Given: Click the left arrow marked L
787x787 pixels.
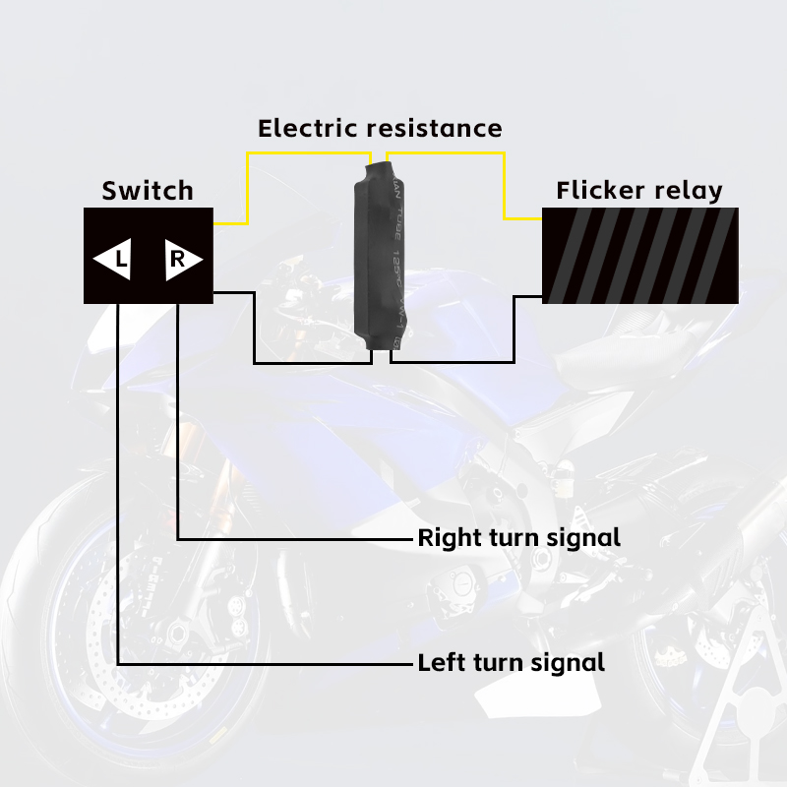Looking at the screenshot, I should [112, 260].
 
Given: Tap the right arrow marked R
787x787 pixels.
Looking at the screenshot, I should [183, 260].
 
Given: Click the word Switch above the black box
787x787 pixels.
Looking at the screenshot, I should [148, 191].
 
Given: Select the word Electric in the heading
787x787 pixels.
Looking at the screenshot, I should [308, 128].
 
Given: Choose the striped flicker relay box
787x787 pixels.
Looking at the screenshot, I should [640, 255].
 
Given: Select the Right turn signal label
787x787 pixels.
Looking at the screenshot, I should [518, 538].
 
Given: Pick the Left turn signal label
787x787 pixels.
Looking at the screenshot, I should [511, 662].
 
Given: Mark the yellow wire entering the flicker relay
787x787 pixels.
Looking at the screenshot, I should [506, 187].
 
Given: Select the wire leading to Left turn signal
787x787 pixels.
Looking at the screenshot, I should [118, 492].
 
